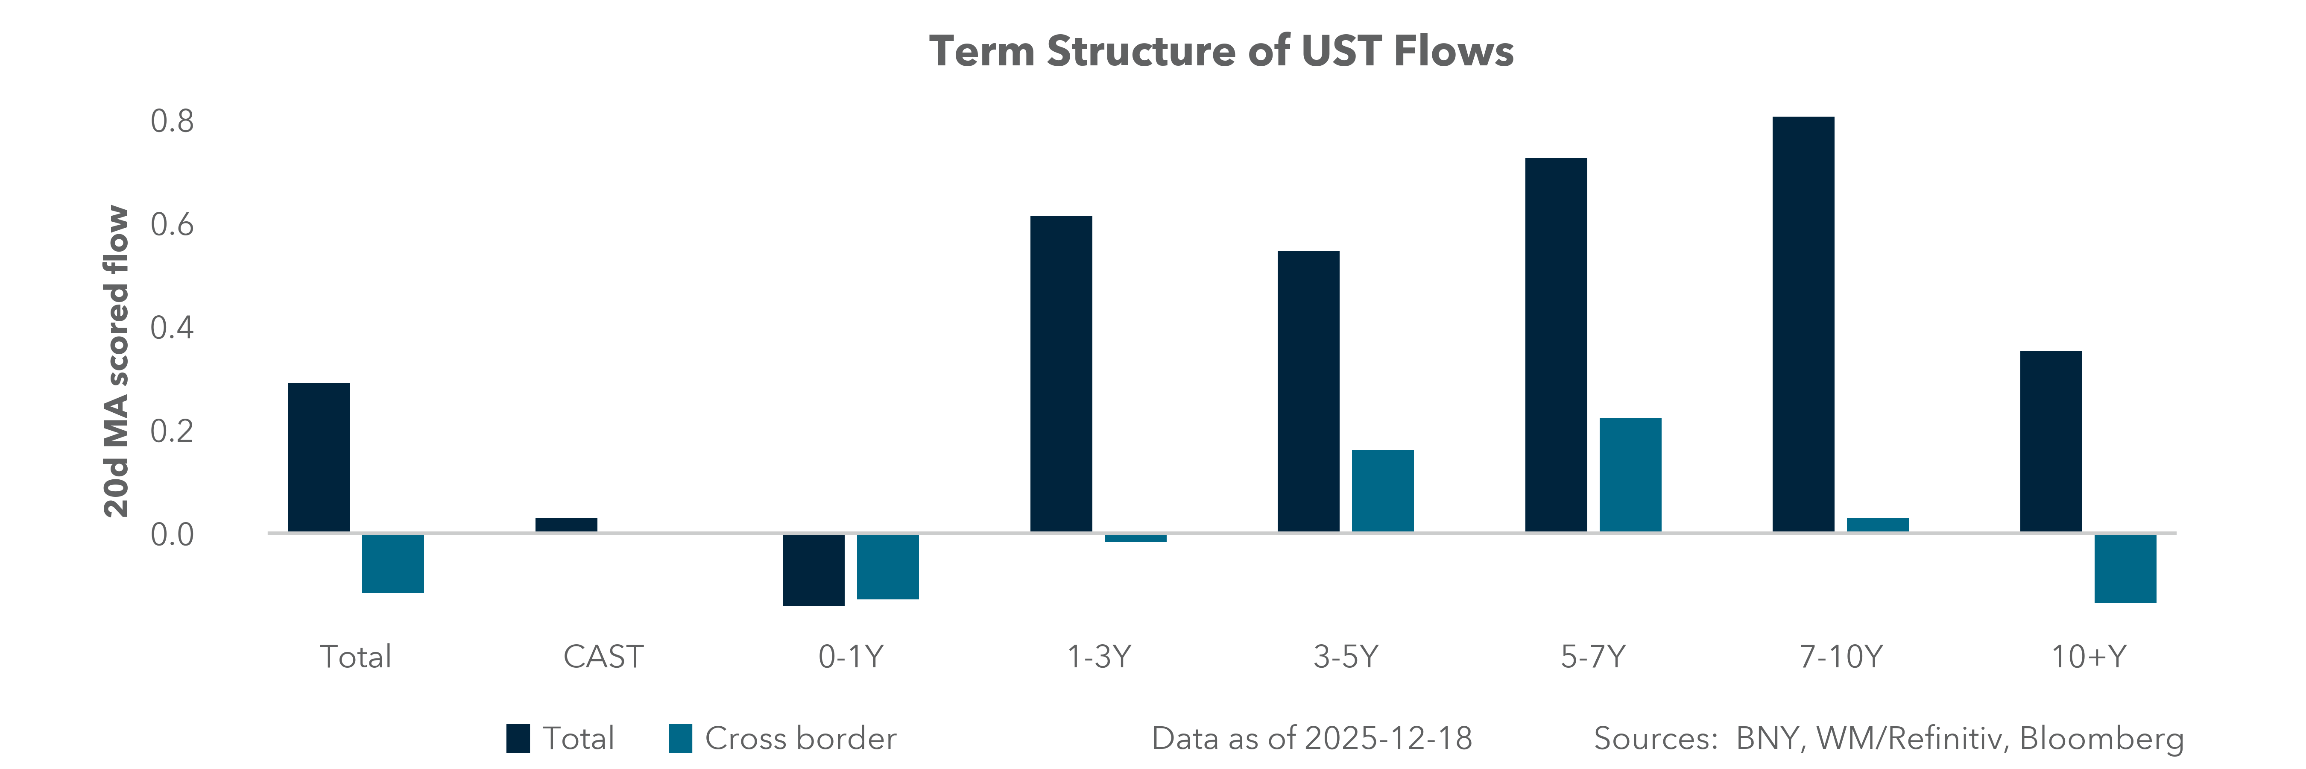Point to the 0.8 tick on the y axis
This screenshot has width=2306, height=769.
172,121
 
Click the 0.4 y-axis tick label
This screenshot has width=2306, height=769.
172,328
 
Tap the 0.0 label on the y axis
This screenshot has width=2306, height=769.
172,534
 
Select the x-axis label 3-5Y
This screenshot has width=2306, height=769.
1346,657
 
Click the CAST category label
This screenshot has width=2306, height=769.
603,657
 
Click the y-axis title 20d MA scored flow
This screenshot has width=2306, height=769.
117,362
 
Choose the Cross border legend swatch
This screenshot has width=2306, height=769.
680,739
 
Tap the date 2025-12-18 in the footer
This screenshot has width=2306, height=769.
1387,739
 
